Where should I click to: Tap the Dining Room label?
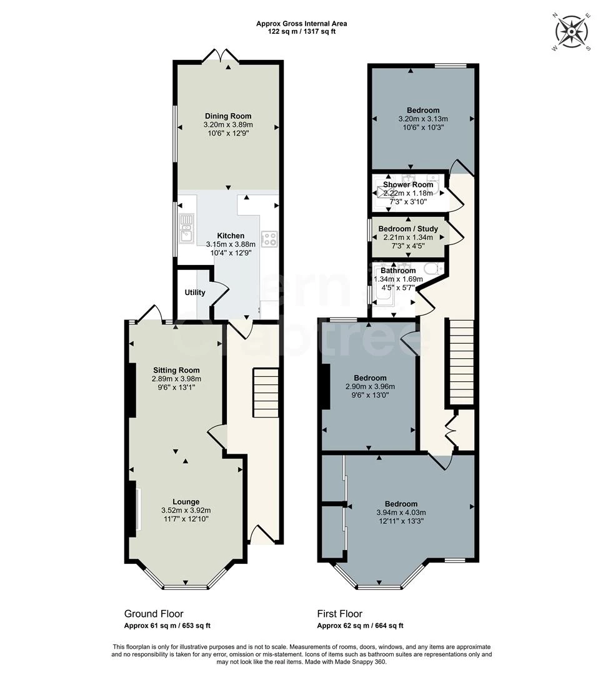[x=228, y=116]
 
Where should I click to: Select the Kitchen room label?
[x=231, y=236]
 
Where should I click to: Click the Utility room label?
[x=195, y=292]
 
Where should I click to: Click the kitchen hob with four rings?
[x=269, y=239]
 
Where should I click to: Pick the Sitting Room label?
[x=176, y=370]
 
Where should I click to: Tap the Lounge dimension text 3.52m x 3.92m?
[x=186, y=510]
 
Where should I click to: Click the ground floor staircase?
[x=265, y=392]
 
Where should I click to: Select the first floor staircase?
[x=462, y=362]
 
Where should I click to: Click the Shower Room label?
[x=408, y=184]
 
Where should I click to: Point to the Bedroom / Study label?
[x=408, y=229]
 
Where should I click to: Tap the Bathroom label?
[x=398, y=271]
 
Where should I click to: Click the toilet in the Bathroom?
[x=433, y=269]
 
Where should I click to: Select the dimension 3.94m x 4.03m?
[x=401, y=512]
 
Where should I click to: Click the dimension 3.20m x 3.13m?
[x=423, y=119]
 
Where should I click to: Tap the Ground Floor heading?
[x=154, y=614]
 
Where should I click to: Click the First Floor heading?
[x=339, y=614]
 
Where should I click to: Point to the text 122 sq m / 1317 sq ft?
[x=301, y=31]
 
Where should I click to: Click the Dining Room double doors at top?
[x=221, y=56]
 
